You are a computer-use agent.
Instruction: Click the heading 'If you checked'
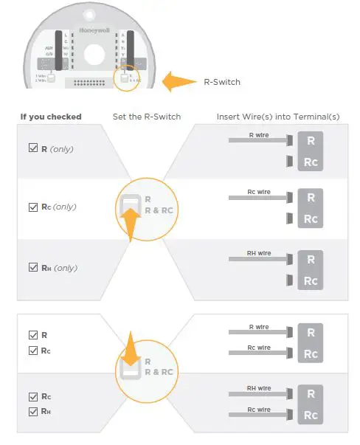51,117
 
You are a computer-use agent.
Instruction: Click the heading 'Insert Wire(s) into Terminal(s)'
277,117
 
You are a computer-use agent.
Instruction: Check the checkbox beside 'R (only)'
32,148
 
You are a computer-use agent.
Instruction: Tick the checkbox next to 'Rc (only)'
32,207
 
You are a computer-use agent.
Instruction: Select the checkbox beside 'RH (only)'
32,267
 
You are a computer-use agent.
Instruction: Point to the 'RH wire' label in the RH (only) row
259,253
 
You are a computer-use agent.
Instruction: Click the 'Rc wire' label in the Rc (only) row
259,192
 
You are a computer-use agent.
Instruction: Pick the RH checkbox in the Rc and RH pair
32,411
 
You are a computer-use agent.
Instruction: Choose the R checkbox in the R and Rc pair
32,334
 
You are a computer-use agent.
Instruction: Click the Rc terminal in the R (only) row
311,161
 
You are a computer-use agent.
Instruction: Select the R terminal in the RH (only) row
311,259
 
